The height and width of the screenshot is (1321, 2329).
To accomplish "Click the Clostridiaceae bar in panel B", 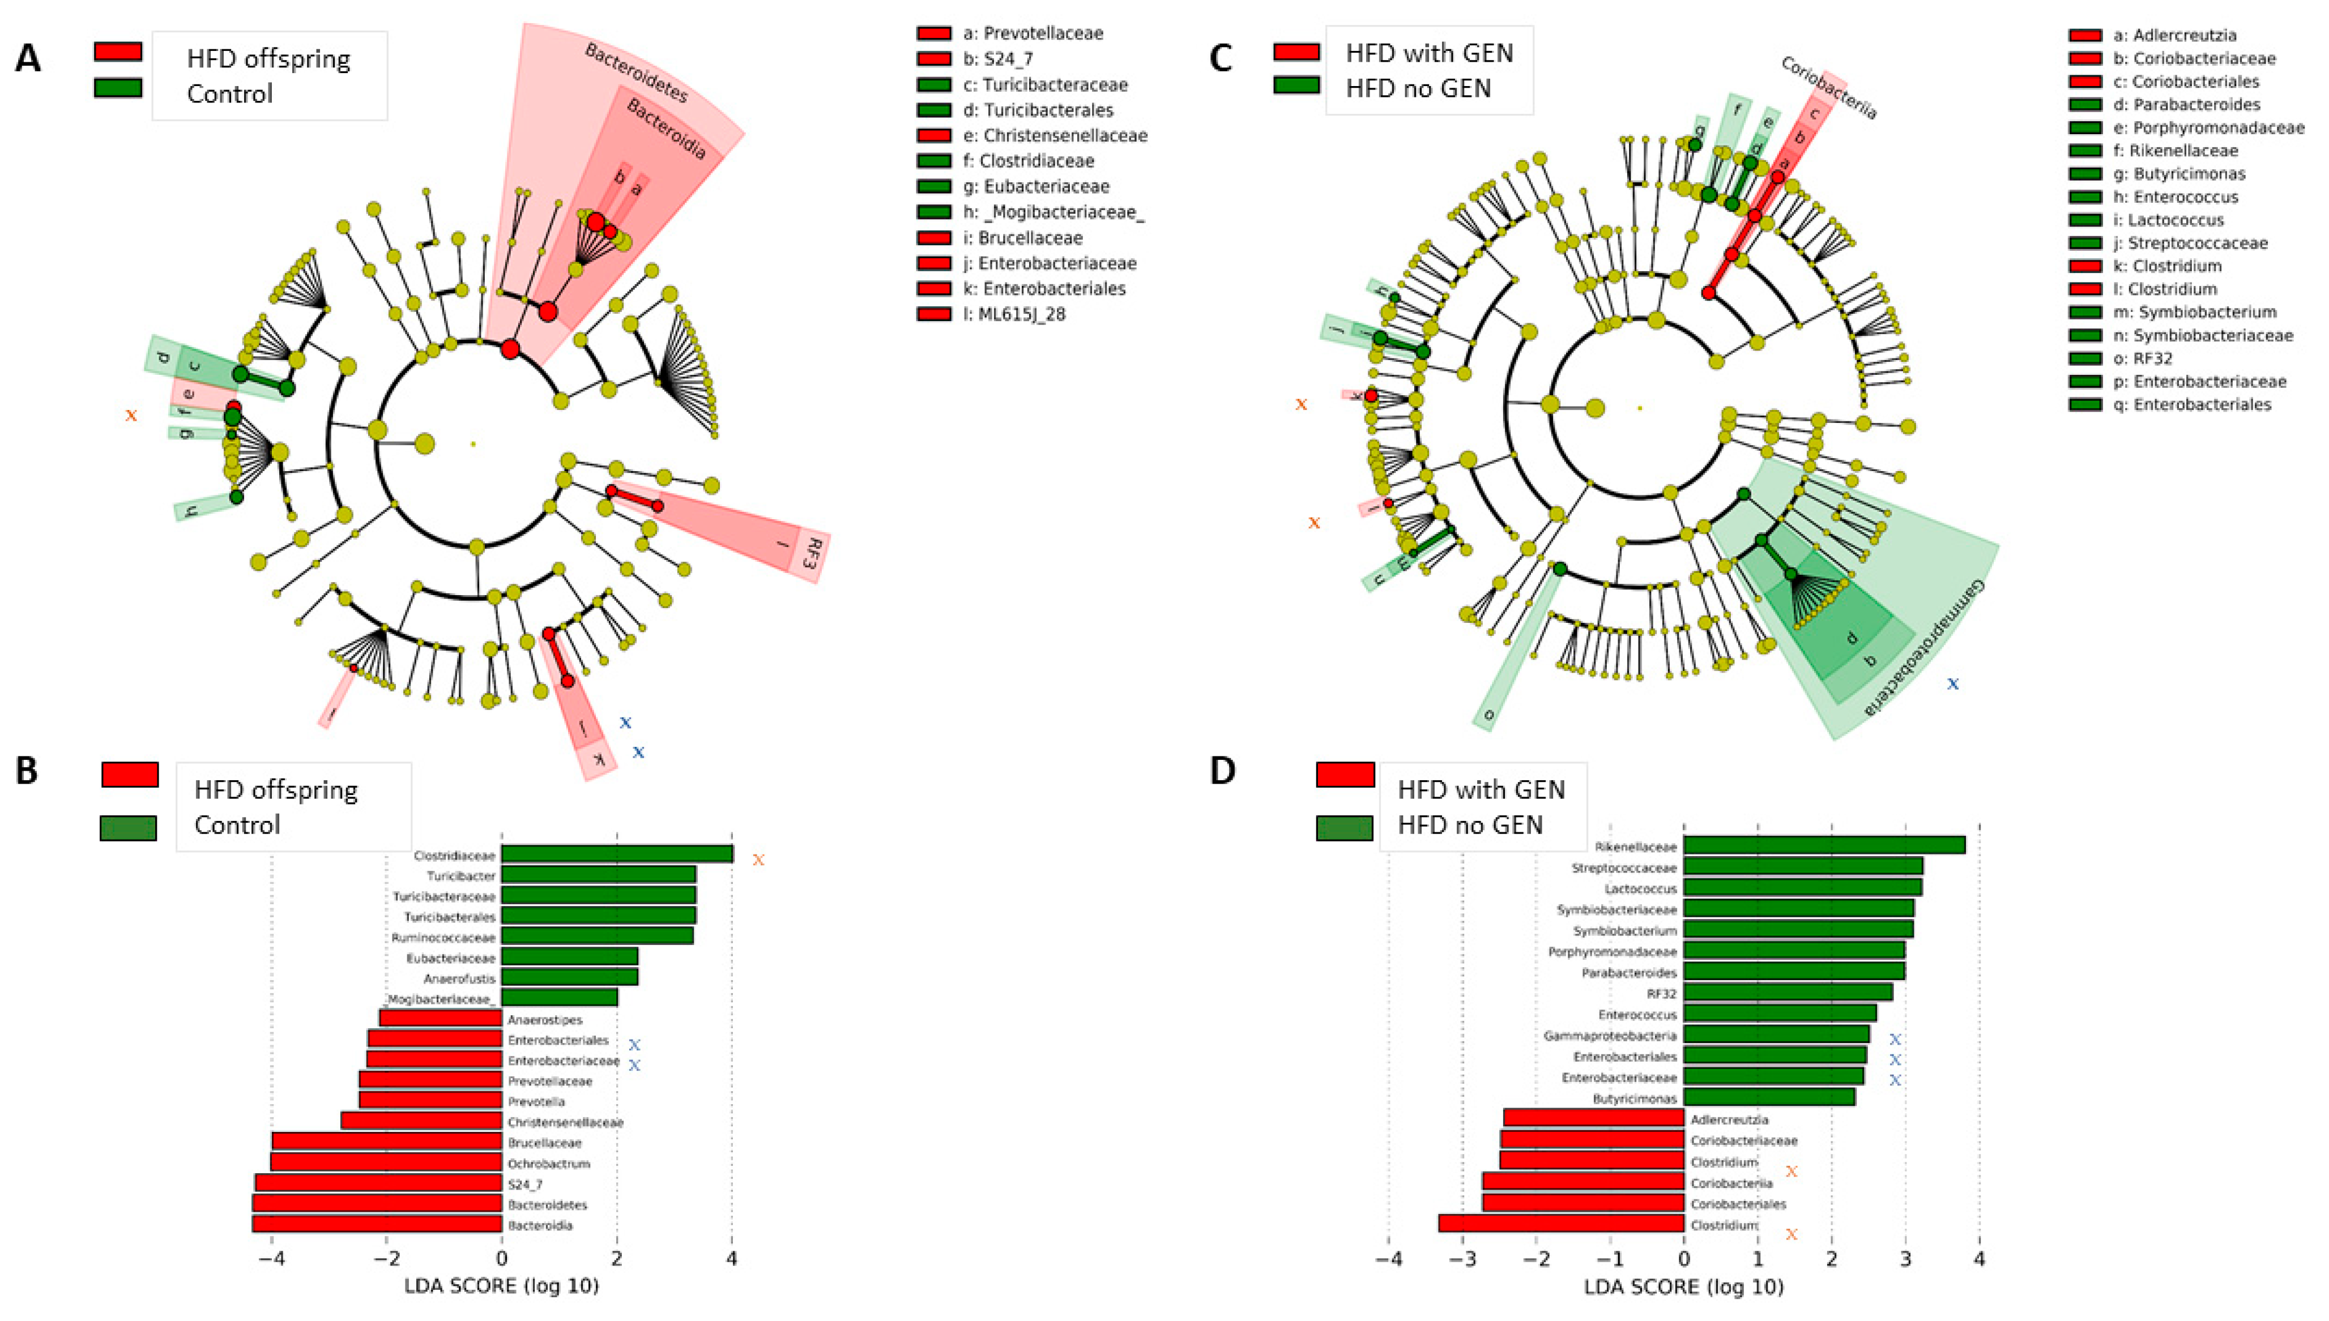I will tap(617, 854).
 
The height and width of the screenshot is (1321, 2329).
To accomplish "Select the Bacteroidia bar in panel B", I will tap(377, 1224).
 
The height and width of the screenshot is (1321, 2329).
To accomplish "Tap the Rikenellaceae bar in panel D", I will tap(1824, 845).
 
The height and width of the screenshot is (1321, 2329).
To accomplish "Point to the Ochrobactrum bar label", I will tap(549, 1163).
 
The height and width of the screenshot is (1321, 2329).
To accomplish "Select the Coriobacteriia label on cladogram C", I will tap(1828, 88).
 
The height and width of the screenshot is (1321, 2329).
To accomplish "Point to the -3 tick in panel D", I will tap(1462, 1259).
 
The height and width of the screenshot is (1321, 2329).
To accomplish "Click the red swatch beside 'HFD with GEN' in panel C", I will tap(1296, 52).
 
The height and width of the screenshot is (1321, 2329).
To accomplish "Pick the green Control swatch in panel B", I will tap(128, 827).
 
